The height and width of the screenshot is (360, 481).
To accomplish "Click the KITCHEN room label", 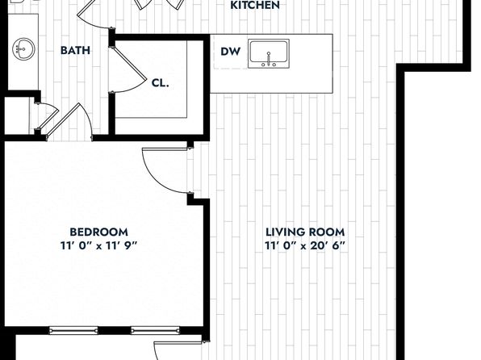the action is [254, 5].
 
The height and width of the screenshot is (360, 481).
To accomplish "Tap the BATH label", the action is [75, 50].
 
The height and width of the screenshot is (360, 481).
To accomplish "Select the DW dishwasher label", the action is [230, 52].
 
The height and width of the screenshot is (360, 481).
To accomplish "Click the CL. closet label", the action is [160, 83].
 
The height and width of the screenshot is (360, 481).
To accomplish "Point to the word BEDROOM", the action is [98, 232].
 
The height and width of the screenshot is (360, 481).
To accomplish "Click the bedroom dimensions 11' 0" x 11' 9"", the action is [98, 245].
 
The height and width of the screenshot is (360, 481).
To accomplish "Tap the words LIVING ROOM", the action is [305, 232].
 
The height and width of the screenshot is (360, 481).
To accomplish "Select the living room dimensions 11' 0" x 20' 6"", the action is [305, 245].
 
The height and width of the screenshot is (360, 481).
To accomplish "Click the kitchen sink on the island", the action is [269, 53].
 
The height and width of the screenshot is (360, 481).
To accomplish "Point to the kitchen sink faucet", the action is [269, 59].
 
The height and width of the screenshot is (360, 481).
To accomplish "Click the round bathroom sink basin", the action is [23, 49].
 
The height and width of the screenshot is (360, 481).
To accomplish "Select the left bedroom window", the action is [73, 330].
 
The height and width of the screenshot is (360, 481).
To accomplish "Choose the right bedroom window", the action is [155, 330].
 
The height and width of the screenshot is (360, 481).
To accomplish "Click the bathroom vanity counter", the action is [23, 52].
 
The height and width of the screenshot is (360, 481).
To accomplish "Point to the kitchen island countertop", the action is [271, 64].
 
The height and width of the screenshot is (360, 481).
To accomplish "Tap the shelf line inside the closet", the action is [186, 79].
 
